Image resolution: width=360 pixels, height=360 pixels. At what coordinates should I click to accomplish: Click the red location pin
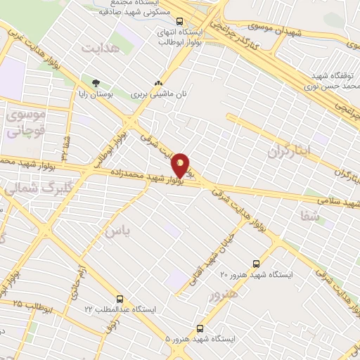pyautogui.click(x=181, y=165)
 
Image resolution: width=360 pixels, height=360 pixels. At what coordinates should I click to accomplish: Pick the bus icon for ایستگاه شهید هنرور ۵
pyautogui.click(x=200, y=328)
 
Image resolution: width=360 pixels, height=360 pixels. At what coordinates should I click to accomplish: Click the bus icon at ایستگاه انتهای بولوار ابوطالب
pyautogui.click(x=179, y=21)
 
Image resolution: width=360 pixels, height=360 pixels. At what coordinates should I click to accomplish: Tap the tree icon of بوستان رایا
pyautogui.click(x=86, y=82)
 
